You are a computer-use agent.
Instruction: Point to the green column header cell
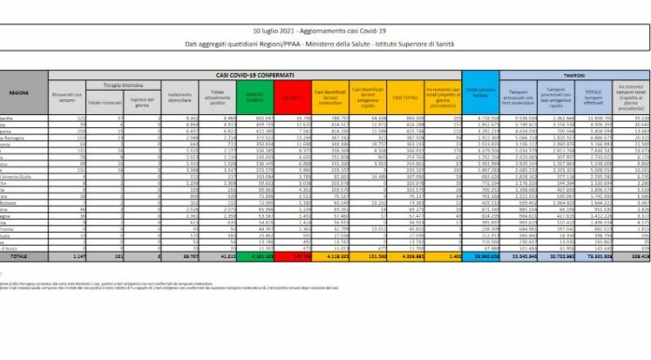click(256, 94)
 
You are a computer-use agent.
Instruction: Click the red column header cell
click(294, 94)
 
